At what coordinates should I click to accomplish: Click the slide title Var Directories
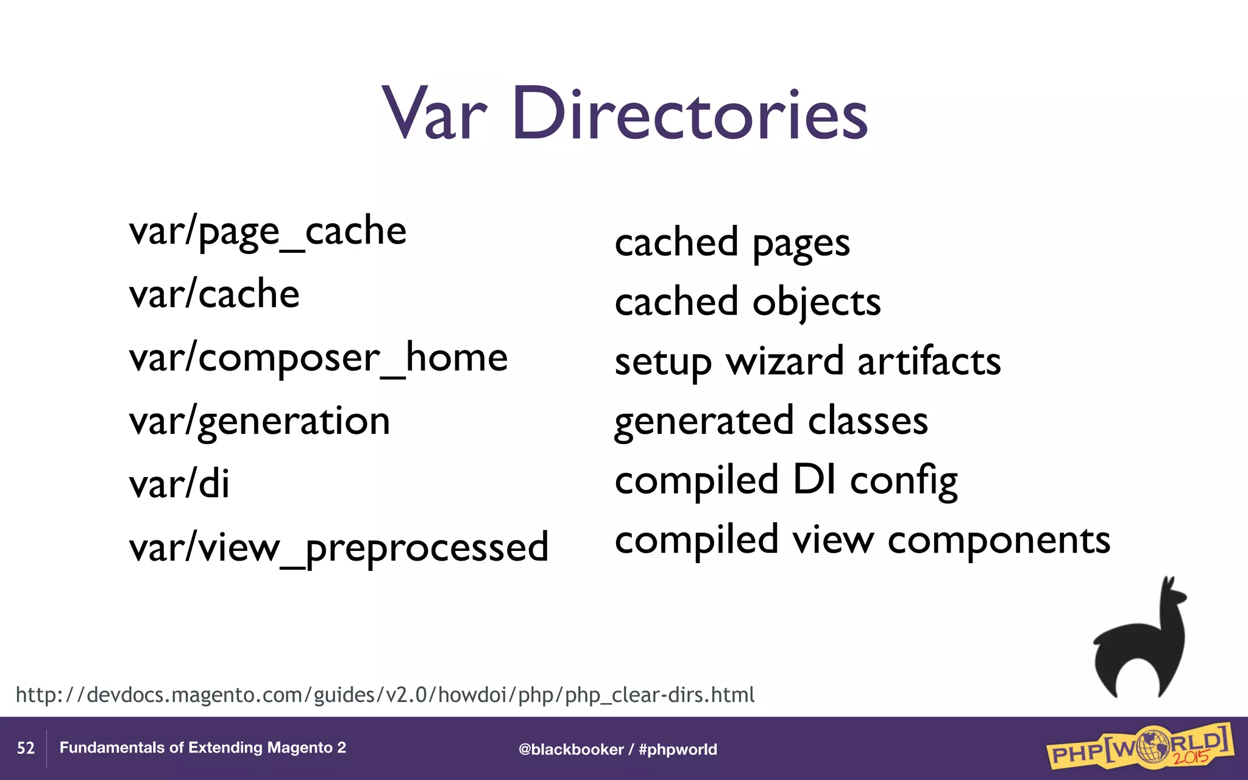click(625, 114)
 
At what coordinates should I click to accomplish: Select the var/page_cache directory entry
click(268, 232)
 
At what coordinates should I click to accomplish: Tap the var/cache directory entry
click(214, 295)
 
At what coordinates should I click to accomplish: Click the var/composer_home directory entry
click(318, 358)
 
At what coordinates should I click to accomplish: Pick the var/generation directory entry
click(260, 422)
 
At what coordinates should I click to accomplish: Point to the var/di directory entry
click(179, 484)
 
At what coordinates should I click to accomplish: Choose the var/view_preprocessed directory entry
click(339, 548)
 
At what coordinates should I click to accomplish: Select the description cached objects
click(748, 302)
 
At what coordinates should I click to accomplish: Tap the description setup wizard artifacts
click(807, 362)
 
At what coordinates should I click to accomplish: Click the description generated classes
click(771, 421)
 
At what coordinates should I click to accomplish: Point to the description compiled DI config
click(786, 480)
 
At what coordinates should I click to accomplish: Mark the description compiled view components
click(862, 540)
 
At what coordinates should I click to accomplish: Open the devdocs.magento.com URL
click(385, 695)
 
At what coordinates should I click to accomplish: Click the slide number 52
click(26, 748)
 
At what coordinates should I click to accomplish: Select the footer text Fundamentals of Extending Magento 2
click(202, 748)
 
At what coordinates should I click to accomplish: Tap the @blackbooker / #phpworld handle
click(617, 750)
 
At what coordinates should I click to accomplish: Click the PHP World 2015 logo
click(1140, 747)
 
